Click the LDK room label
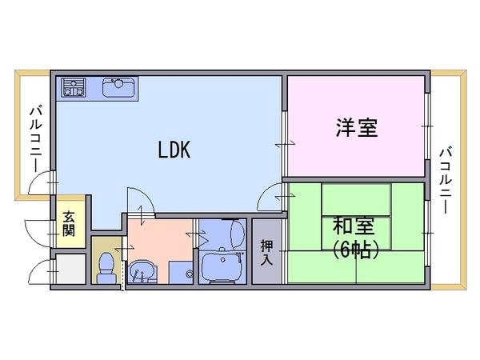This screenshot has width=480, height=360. pos(174,150)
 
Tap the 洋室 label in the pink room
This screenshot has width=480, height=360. pos(357,127)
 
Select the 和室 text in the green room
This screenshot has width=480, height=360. pos(354,226)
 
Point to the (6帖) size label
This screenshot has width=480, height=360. pos(355,250)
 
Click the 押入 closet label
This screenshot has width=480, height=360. pos(266,252)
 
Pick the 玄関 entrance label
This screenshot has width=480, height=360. pos(69,224)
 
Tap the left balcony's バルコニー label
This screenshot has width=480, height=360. pos(36,139)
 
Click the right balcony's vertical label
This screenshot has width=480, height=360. pos(446,181)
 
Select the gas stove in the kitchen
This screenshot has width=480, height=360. pos(74,88)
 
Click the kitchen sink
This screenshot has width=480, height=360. pos(118,88)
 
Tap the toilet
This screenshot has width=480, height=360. pos(106,268)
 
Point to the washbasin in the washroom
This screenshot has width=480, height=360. pos(142,271)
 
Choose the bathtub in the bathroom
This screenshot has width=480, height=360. pos(222,267)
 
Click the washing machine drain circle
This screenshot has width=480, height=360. pos(190,273)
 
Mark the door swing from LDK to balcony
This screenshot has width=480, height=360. pos(41,182)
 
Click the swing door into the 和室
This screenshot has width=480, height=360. pos(270,196)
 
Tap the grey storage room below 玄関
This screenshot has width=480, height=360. pos(70,269)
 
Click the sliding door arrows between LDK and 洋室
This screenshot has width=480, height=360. pos(285,144)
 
